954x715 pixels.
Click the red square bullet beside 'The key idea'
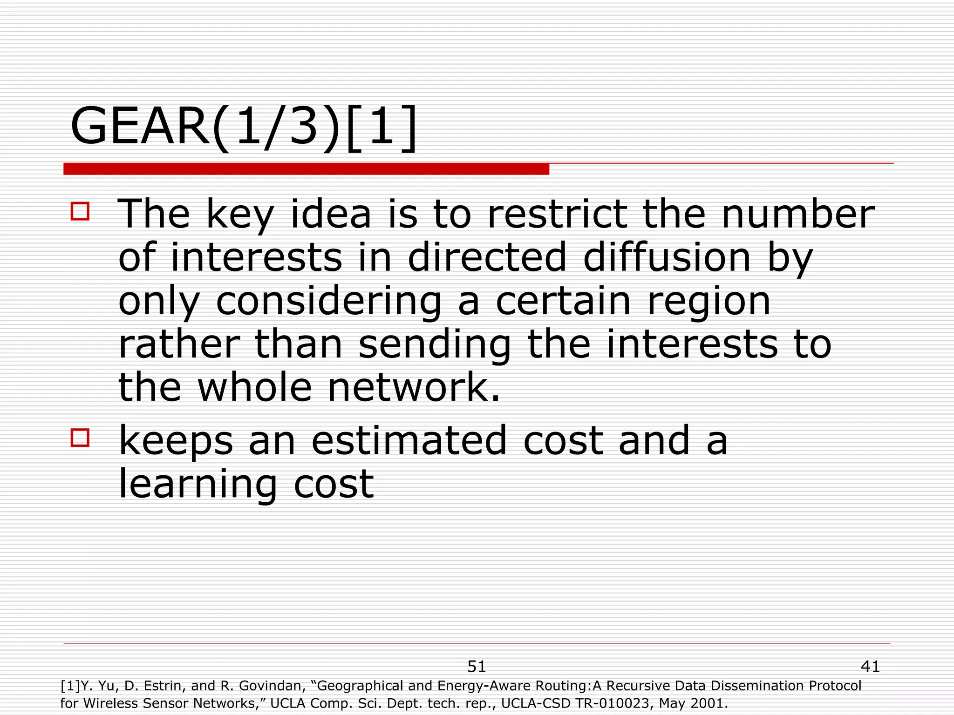(80, 211)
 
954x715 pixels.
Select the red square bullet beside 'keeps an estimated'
(80, 438)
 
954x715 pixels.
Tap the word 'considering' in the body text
(328, 301)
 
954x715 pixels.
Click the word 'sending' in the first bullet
(435, 345)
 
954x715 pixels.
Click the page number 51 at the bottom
(477, 667)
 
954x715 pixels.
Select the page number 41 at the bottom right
(870, 667)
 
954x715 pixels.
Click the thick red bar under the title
(306, 169)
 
